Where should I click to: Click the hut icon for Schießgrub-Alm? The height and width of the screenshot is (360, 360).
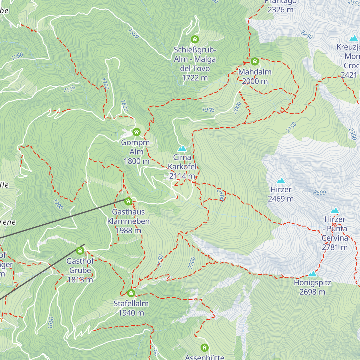[x=195, y=39]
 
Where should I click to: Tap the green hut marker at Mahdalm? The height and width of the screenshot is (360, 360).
[x=255, y=62]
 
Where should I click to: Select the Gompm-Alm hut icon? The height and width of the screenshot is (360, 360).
[x=136, y=132]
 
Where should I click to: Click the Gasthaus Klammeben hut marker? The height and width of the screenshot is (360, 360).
[x=128, y=201]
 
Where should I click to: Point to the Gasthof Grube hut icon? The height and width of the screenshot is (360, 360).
[x=80, y=250]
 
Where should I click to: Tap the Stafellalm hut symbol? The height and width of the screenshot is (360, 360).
[x=131, y=293]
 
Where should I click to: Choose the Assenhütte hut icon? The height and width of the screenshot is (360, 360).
[x=205, y=348]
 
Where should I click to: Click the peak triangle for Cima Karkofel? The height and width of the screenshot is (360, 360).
[x=182, y=149]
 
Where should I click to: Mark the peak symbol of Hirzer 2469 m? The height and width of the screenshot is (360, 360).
[x=281, y=181]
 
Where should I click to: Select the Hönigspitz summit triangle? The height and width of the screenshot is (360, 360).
[x=313, y=274]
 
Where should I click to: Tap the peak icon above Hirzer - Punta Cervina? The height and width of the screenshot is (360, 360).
[x=335, y=211]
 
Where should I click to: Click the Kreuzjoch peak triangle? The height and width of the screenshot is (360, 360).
[x=354, y=38]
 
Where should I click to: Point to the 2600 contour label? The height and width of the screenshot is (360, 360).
[x=319, y=193]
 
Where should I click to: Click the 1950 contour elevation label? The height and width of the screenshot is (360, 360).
[x=208, y=110]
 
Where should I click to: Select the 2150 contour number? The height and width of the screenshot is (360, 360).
[x=291, y=128]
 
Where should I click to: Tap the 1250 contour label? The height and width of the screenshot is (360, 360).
[x=17, y=56]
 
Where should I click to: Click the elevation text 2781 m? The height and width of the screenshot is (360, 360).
[x=335, y=247]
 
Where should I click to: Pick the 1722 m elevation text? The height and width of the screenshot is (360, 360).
[x=195, y=78]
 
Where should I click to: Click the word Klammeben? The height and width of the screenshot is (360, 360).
[x=128, y=221]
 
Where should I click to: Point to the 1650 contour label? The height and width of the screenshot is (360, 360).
[x=51, y=322]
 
